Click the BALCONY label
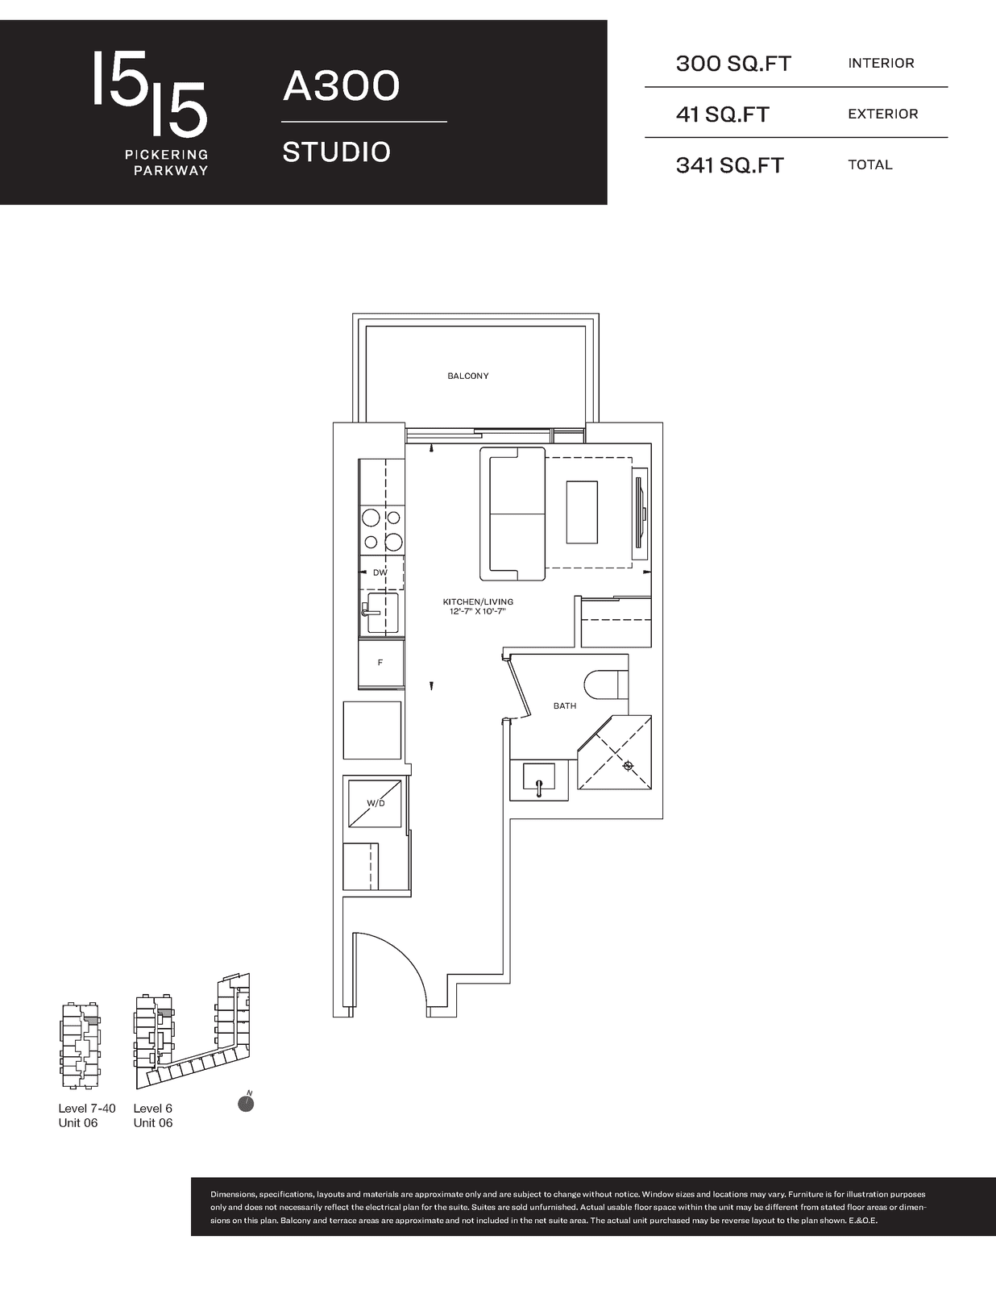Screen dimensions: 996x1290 click(468, 376)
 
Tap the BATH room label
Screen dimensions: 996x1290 click(565, 705)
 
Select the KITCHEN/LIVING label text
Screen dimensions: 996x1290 click(478, 602)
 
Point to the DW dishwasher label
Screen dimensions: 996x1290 click(380, 573)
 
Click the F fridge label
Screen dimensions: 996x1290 click(380, 663)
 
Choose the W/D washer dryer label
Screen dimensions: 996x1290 click(376, 803)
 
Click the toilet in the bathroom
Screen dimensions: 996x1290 click(605, 685)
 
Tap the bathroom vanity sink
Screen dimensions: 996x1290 click(538, 776)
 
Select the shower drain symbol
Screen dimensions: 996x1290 click(628, 766)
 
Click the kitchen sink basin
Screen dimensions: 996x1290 click(383, 613)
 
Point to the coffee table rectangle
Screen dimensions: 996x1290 click(581, 512)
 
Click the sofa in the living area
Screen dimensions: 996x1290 click(513, 514)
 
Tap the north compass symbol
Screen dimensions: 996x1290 click(246, 1102)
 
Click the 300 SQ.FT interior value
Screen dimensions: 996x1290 click(733, 64)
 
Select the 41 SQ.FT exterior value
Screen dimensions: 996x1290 click(723, 114)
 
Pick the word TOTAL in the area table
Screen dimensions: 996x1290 click(870, 165)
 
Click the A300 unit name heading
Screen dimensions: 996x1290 click(341, 85)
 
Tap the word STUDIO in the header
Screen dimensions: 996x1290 click(336, 152)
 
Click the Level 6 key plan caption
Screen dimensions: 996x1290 click(153, 1109)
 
